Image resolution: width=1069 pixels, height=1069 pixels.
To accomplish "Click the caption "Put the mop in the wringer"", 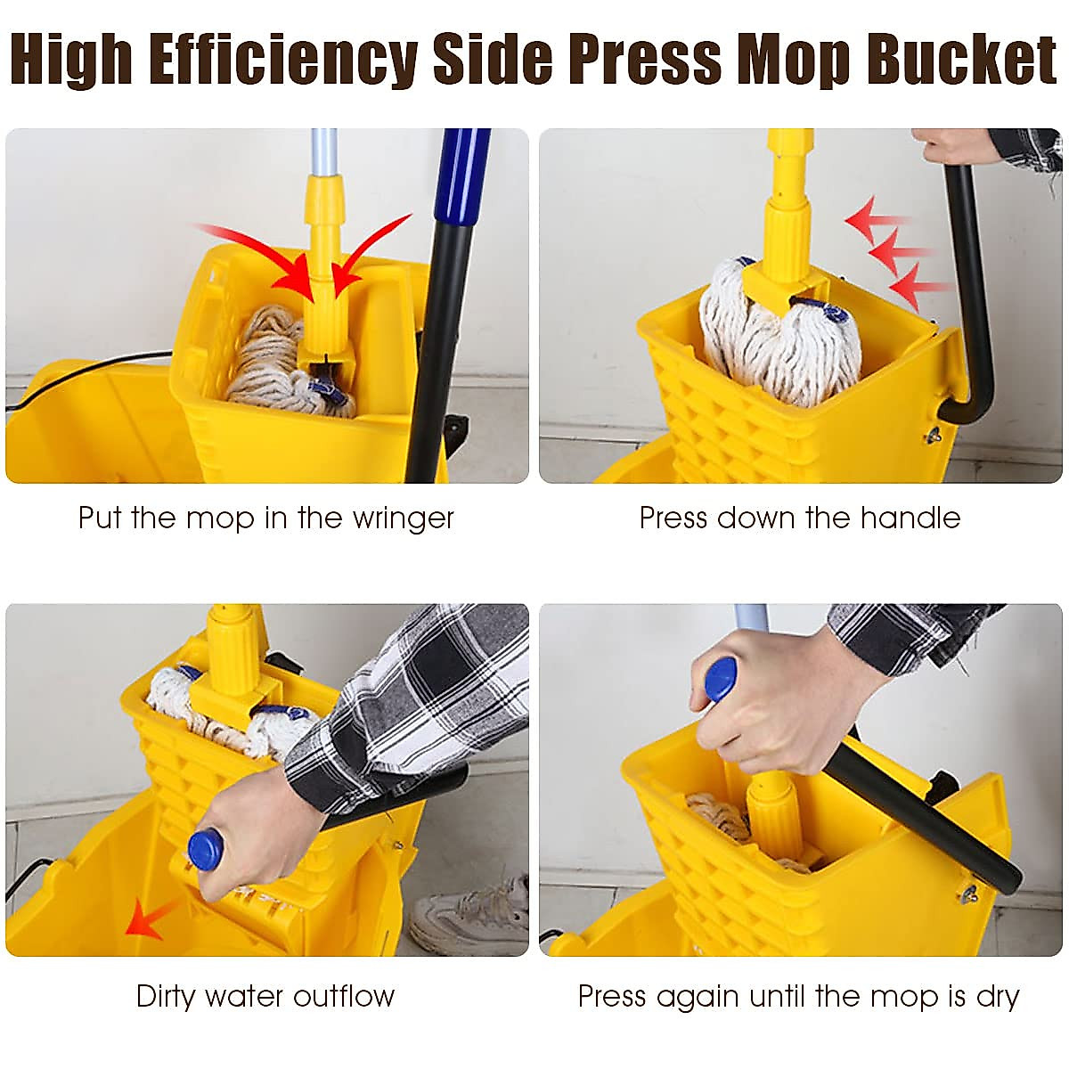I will pyautogui.click(x=265, y=518).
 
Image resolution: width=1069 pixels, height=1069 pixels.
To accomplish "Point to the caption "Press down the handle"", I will pyautogui.click(x=799, y=518).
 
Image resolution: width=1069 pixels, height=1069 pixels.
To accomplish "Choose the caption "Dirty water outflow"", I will pyautogui.click(x=265, y=995).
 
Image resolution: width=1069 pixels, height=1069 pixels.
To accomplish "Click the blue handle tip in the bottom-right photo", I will pyautogui.click(x=720, y=679).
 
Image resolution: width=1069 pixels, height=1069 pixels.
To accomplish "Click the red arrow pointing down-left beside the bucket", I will pyautogui.click(x=147, y=918).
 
